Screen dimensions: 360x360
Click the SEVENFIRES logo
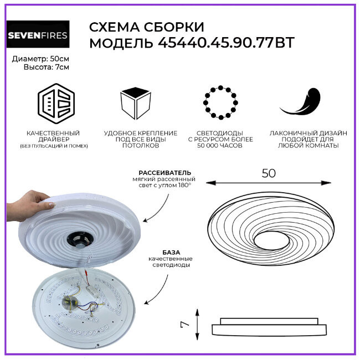[x=38, y=37]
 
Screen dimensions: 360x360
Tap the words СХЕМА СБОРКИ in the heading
[x=146, y=27]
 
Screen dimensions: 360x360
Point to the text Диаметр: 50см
[x=38, y=58]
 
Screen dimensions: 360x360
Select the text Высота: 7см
[x=38, y=67]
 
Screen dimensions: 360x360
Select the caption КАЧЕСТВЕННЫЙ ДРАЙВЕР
[x=53, y=136]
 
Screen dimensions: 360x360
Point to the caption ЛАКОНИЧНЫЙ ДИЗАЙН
[x=308, y=133]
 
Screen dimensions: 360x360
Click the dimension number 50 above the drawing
[x=268, y=173]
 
